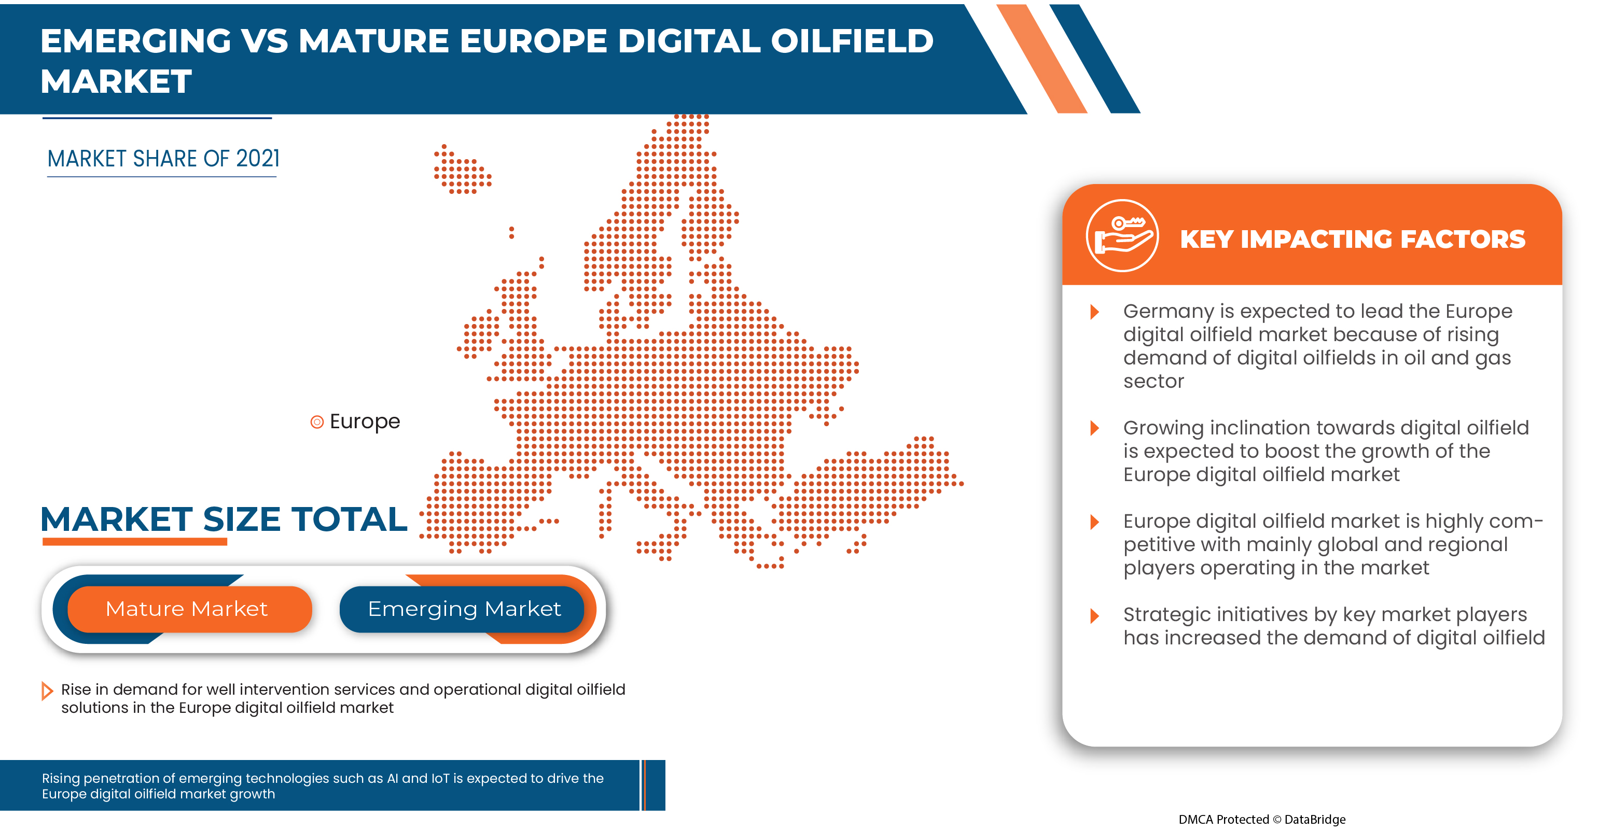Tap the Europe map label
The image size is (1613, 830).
click(x=365, y=421)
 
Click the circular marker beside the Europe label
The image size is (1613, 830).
click(x=317, y=422)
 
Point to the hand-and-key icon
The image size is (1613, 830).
click(x=1122, y=235)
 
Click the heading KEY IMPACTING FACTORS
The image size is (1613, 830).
click(x=1353, y=239)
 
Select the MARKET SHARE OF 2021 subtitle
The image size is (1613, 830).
click(x=163, y=159)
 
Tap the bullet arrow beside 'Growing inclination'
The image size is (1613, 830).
click(x=1094, y=428)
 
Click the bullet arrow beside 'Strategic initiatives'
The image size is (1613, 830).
click(x=1094, y=615)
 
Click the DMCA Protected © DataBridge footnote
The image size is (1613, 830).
click(x=1262, y=819)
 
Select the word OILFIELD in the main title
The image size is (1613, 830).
click(x=852, y=41)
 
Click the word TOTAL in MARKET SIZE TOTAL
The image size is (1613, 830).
click(x=349, y=519)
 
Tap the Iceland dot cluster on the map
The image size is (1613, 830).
click(x=462, y=170)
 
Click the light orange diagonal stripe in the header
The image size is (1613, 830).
click(x=1042, y=59)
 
